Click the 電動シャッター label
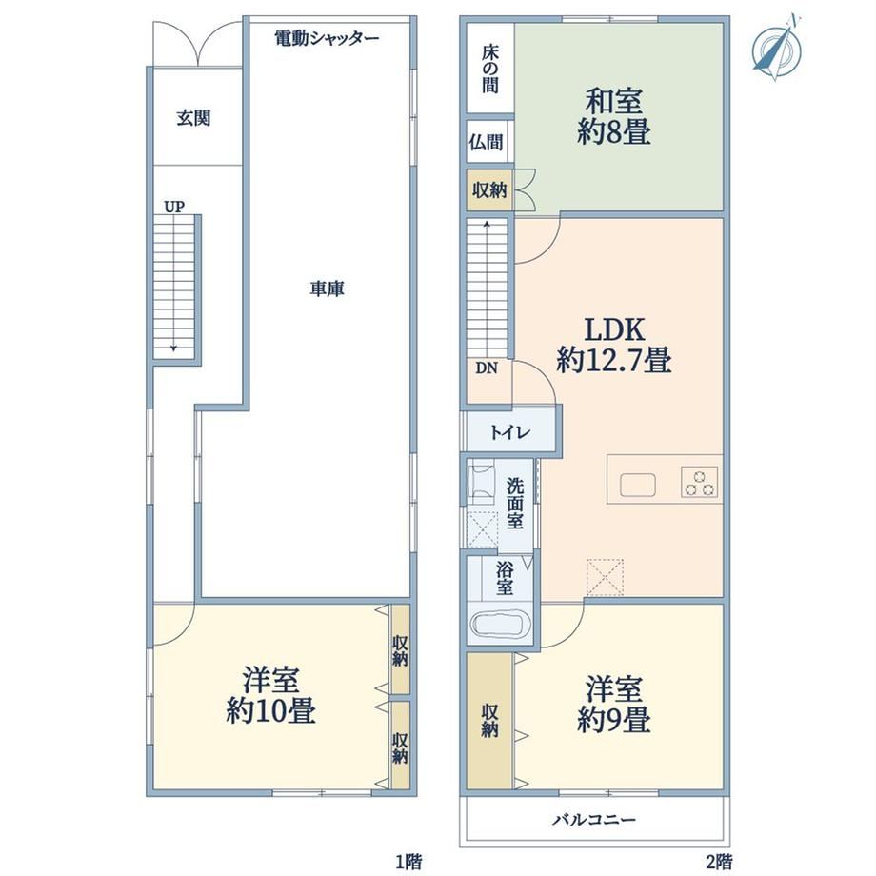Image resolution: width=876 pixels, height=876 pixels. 327,38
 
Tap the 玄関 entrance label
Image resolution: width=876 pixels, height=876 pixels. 193,118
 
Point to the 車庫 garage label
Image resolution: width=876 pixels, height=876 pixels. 328,289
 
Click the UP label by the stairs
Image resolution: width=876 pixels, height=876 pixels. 174,207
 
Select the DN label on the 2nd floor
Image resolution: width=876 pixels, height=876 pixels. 486,368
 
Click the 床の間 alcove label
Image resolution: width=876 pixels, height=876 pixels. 490,69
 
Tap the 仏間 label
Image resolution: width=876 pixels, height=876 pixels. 486,142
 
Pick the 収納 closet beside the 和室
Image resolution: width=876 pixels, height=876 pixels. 489,189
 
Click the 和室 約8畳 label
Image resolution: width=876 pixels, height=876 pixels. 613,117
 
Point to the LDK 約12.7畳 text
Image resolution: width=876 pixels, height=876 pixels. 614,346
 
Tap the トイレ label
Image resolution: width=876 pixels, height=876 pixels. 510,432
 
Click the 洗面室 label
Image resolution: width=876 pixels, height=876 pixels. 514,503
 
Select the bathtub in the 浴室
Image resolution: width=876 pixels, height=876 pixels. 500,625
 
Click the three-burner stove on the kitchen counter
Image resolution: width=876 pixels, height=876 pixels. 700,482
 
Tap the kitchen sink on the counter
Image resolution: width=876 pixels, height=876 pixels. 638,485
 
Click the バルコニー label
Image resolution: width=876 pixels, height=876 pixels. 594,820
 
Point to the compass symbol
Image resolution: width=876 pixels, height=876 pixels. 777,48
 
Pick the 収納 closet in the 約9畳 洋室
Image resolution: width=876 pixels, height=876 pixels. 489,721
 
